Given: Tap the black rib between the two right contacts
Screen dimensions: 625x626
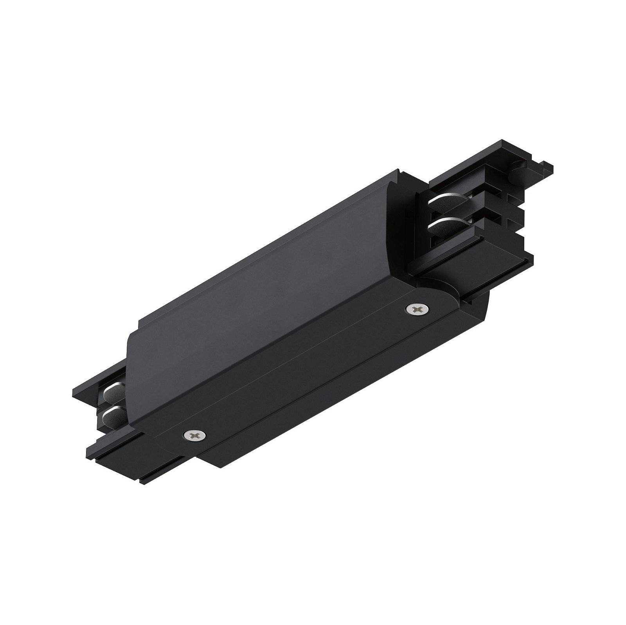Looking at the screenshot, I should [450, 214].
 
